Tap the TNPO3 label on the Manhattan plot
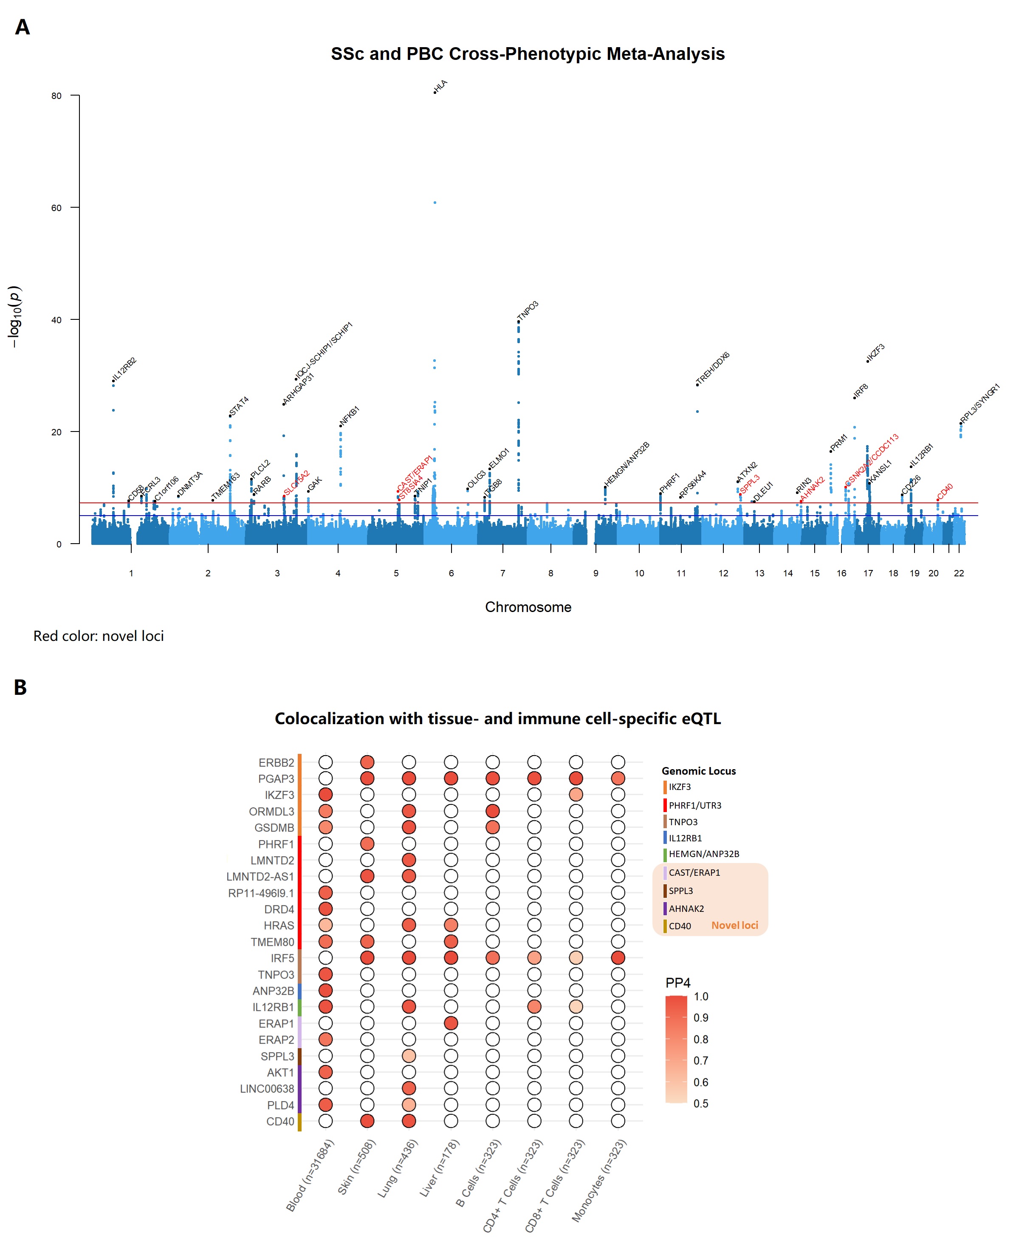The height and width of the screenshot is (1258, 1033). [528, 310]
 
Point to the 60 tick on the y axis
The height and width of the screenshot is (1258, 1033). [56, 208]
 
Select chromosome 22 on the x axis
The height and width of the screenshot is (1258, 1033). [959, 573]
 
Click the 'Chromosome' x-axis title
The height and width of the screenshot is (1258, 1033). [528, 607]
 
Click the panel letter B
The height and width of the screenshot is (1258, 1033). [20, 687]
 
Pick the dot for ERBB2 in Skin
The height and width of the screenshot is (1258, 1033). [367, 762]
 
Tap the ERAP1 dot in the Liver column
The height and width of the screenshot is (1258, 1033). [451, 1024]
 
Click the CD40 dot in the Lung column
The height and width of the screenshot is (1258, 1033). [409, 1121]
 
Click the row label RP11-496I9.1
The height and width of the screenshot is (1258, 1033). [261, 893]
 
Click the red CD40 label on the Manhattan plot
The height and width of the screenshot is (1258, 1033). [945, 491]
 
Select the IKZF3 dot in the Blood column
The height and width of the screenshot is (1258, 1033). [325, 795]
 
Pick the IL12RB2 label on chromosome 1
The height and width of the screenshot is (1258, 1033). [124, 369]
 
